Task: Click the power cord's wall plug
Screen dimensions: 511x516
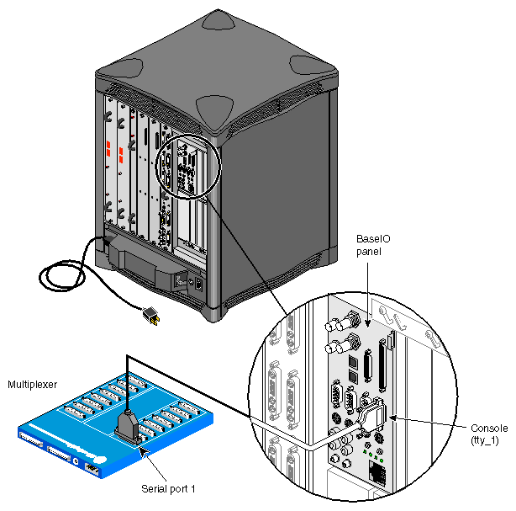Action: pos(151,317)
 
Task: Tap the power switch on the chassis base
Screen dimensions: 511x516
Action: pos(198,284)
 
